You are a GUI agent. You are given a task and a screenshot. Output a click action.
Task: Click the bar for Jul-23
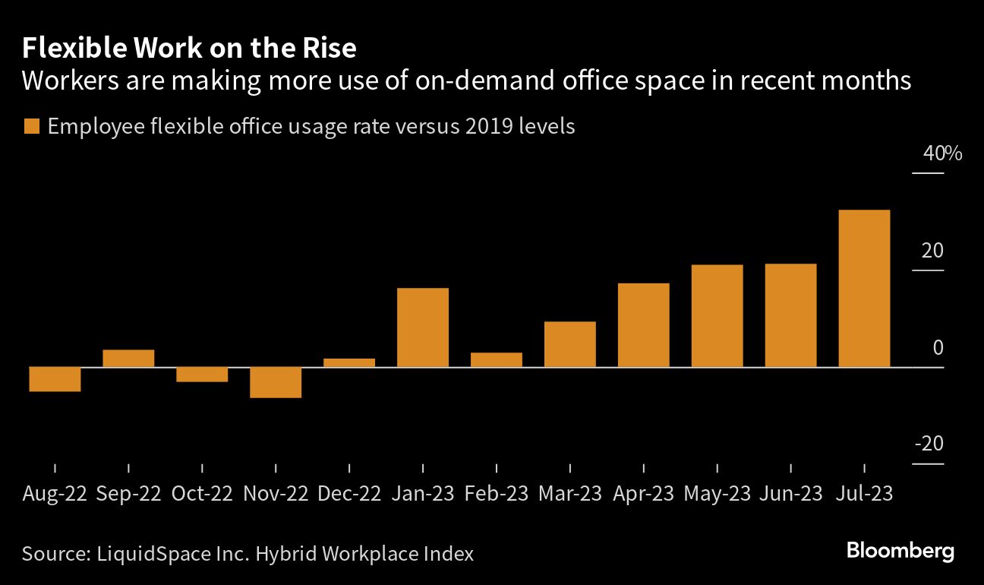[864, 289]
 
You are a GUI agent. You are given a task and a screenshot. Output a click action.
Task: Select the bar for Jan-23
[423, 327]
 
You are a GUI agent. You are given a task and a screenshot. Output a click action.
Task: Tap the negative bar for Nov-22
[276, 382]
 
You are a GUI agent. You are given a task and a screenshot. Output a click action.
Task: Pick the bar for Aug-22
[55, 379]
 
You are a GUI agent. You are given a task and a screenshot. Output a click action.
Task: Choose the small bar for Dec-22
[349, 362]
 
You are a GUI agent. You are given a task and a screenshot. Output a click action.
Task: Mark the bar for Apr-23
[644, 325]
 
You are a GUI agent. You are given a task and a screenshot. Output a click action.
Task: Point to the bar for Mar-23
[570, 344]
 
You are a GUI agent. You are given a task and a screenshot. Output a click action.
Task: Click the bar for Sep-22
[128, 359]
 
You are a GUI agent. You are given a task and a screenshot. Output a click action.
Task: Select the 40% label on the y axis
[942, 153]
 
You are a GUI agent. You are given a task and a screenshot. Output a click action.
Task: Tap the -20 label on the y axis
[928, 444]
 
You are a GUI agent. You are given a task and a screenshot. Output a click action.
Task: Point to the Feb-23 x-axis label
[497, 494]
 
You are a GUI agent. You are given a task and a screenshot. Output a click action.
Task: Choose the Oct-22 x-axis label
[202, 494]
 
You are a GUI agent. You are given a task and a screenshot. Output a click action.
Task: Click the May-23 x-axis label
[717, 494]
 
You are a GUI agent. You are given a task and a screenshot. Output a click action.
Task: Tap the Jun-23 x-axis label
[790, 494]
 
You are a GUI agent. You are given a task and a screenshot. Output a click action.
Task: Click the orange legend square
[31, 127]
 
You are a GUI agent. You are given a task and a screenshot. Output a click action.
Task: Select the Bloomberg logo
[900, 551]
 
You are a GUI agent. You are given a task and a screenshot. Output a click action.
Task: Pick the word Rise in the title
[329, 49]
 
